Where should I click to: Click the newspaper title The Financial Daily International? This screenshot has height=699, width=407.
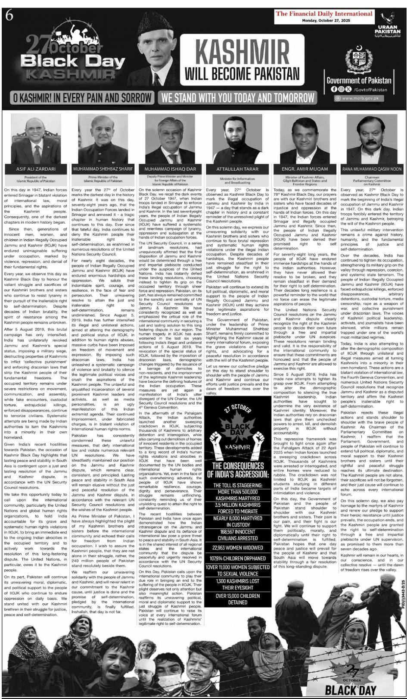click(324, 13)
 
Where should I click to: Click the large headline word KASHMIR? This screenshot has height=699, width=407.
click(242, 51)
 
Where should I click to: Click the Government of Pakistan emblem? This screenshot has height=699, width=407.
click(359, 59)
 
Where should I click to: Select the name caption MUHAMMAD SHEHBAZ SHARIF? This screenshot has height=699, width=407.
click(103, 169)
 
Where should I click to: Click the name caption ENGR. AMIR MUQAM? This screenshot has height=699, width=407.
click(304, 169)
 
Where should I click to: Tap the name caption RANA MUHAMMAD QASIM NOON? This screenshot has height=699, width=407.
click(372, 169)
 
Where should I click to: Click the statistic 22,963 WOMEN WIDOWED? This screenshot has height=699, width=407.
click(237, 548)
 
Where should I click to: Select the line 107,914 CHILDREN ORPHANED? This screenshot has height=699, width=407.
click(237, 558)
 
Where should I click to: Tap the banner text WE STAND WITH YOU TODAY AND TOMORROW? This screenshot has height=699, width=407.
click(238, 97)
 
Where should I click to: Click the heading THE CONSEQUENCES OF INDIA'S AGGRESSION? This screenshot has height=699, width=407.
click(238, 470)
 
